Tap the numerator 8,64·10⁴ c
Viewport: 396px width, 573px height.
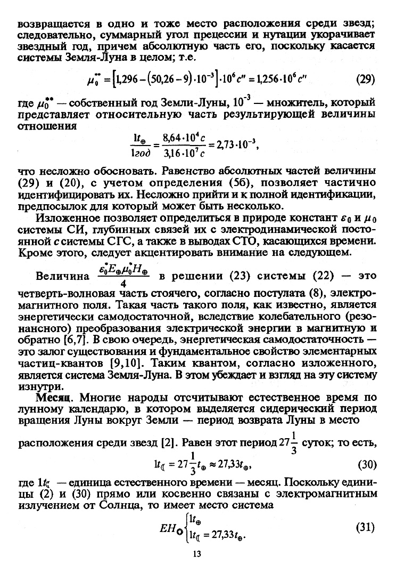click(x=179, y=137)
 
